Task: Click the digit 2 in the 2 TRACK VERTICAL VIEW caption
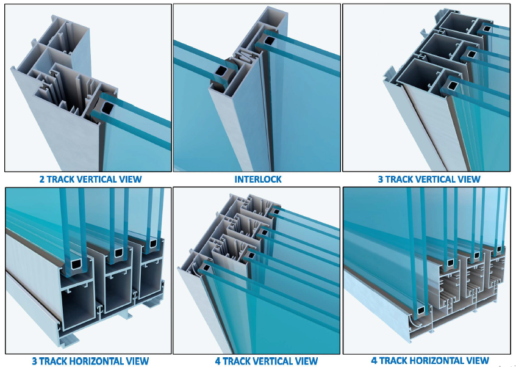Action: tap(42, 179)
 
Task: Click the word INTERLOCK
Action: tap(258, 179)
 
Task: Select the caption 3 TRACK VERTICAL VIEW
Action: tap(429, 179)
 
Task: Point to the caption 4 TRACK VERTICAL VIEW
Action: tap(267, 361)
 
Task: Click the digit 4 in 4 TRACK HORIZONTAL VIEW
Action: tap(374, 360)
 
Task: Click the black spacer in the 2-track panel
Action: tap(107, 107)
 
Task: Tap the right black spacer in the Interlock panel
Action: tap(269, 40)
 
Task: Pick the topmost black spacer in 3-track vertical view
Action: tap(486, 28)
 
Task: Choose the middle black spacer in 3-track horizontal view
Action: tap(118, 253)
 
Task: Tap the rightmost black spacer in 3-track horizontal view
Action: tap(153, 244)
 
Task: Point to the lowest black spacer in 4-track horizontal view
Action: tap(421, 310)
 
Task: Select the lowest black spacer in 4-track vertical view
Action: tap(206, 267)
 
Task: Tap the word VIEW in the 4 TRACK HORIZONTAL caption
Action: tap(478, 360)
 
